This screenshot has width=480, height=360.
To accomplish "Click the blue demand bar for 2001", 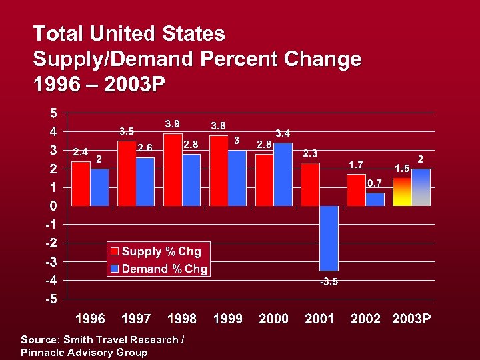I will click(329, 238).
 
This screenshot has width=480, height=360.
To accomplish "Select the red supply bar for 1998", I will click(173, 169).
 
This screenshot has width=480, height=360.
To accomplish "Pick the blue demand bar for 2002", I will click(375, 199).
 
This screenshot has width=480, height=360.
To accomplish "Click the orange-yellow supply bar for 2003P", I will click(401, 191).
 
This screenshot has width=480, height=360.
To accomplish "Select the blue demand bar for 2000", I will click(283, 175).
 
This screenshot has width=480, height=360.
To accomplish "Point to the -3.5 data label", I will click(329, 282).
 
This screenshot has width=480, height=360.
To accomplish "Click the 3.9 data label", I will click(173, 124).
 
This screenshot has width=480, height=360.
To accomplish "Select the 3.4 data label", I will click(283, 134).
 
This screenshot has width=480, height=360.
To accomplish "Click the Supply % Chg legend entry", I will click(159, 251).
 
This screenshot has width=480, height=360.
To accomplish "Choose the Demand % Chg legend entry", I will click(159, 269).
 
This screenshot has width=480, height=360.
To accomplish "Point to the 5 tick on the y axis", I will click(52, 112).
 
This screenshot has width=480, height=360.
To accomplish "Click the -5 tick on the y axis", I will click(50, 299).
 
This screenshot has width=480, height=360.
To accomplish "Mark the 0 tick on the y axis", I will click(52, 206).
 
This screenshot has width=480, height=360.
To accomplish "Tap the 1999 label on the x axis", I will click(227, 319).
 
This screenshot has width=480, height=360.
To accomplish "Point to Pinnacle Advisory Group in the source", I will click(84, 352).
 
